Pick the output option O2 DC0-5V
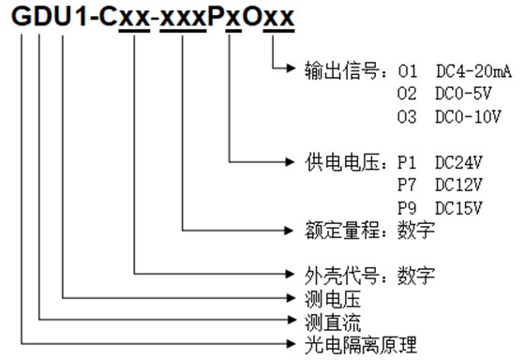pyautogui.click(x=437, y=94)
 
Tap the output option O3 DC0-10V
pyautogui.click(x=441, y=116)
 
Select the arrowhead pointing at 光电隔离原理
pyautogui.click(x=293, y=345)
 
